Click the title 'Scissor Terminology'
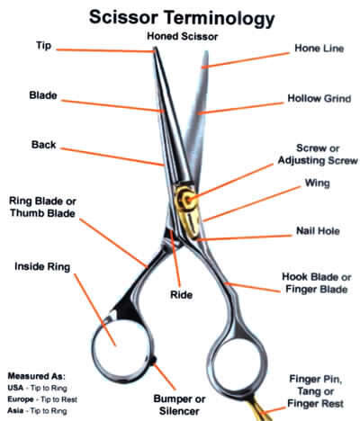pos(182,17)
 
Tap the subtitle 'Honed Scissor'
pos(182,37)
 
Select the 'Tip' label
pos(44,46)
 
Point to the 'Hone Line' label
pos(319,49)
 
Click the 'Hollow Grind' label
pos(319,98)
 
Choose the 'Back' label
pos(43,145)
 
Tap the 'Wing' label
pos(317,183)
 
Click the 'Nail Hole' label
pos(318,231)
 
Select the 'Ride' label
pos(181,295)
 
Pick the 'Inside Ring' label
pos(42,266)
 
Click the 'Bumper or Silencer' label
pos(179,405)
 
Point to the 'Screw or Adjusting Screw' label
pos(318,154)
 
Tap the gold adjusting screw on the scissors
pos(188,199)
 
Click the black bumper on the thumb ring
pos(154,360)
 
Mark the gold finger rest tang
pos(260,408)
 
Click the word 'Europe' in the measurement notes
pos(21,399)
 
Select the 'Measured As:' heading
pos(36,376)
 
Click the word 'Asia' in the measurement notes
pos(15,410)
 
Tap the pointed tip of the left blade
pos(155,48)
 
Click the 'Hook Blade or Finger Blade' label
pos(317,282)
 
